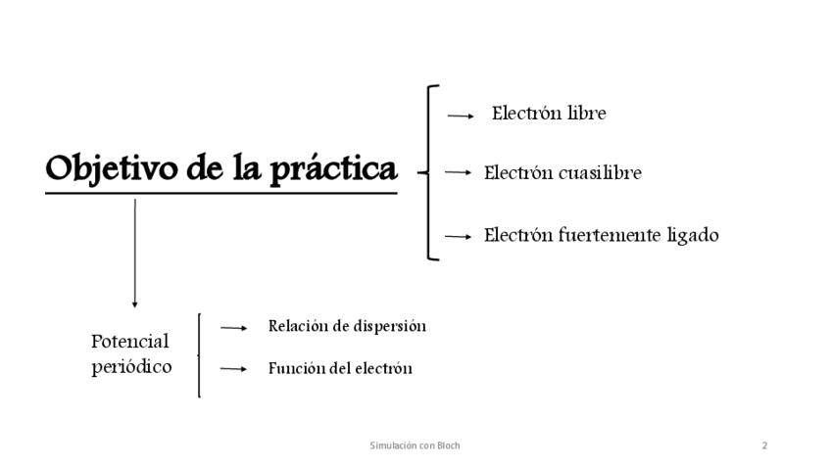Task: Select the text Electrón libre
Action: (549, 114)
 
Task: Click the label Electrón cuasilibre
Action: (562, 173)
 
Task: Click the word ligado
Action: (693, 236)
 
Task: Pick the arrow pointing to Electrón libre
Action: (461, 116)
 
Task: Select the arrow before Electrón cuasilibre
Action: (459, 172)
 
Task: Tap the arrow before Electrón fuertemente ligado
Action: (459, 236)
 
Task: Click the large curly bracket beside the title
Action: (431, 172)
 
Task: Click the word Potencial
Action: (130, 342)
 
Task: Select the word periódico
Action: (131, 367)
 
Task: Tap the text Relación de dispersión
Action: (347, 326)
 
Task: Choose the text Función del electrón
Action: (340, 369)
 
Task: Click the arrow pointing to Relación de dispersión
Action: (233, 329)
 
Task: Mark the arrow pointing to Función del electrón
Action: (233, 369)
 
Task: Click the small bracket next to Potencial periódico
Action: (200, 354)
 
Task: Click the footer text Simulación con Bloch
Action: (415, 445)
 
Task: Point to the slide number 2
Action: (764, 445)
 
